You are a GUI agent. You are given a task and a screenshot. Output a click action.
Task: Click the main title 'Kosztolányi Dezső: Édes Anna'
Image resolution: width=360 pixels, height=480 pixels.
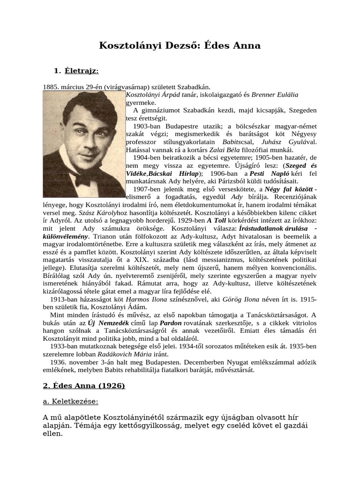[180, 45]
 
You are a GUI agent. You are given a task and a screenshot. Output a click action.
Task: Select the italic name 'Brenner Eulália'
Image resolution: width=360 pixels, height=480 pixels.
[275, 94]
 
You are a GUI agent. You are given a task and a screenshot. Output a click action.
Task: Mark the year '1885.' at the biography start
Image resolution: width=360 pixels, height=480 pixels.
[50, 87]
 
